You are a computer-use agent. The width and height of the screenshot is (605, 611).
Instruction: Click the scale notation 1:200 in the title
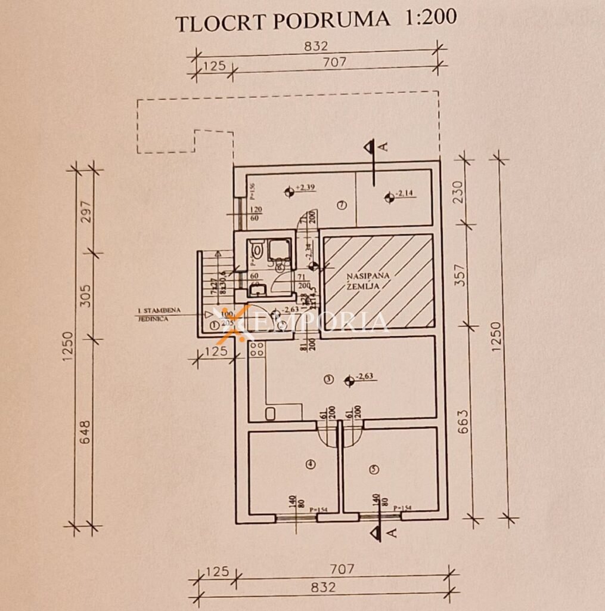pyautogui.click(x=430, y=18)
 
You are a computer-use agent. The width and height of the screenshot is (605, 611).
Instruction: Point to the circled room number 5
pyautogui.click(x=374, y=470)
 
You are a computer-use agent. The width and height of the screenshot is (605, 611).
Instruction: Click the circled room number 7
pyautogui.click(x=342, y=205)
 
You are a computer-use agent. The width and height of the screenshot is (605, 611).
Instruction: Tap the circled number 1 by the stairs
pyautogui.click(x=214, y=325)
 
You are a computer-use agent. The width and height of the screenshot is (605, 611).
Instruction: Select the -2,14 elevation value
pyautogui.click(x=404, y=193)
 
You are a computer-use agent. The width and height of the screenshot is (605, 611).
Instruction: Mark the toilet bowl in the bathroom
pyautogui.click(x=257, y=251)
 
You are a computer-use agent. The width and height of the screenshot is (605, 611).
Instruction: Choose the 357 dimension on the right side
pyautogui.click(x=460, y=276)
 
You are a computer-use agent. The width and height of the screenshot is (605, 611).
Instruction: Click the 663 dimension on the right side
pyautogui.click(x=463, y=422)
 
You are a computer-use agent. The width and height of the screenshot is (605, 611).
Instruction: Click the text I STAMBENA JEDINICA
pyautogui.click(x=159, y=314)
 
